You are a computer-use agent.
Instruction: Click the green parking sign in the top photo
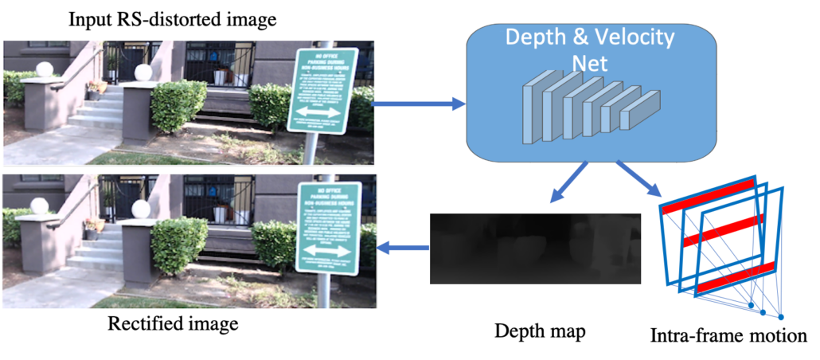322,89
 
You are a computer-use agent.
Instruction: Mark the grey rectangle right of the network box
767,88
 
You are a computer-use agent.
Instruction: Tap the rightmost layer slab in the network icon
642,108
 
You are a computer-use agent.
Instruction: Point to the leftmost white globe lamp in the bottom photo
39,206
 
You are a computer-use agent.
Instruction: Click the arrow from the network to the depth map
566,188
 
